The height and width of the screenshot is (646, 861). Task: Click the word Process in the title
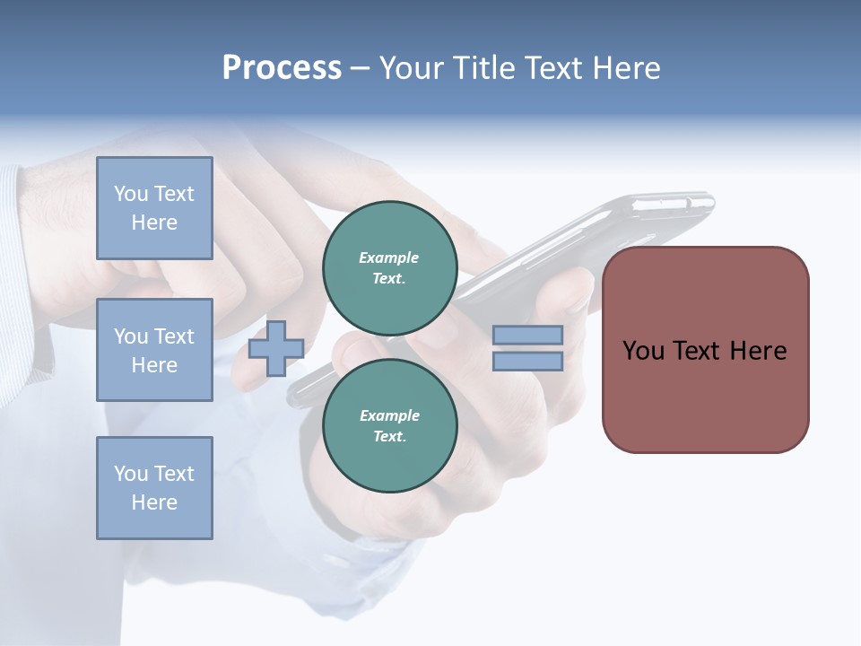tap(282, 68)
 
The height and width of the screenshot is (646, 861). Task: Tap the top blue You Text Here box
tap(154, 208)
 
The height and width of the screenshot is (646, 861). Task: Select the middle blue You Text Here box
tap(154, 350)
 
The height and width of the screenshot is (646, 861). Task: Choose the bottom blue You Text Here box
tap(154, 487)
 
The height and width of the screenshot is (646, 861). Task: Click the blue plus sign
tap(275, 348)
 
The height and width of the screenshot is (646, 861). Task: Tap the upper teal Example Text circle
tap(389, 268)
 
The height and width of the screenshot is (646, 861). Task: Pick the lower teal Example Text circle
tap(389, 426)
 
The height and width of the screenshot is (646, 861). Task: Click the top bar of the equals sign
tap(527, 335)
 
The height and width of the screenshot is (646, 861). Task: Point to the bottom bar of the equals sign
tap(527, 362)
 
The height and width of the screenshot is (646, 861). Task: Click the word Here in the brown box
tap(758, 351)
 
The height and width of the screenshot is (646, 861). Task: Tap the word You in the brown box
tap(642, 351)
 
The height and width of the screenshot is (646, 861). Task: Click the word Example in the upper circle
tap(389, 258)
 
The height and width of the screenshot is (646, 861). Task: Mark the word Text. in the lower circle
tap(389, 437)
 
